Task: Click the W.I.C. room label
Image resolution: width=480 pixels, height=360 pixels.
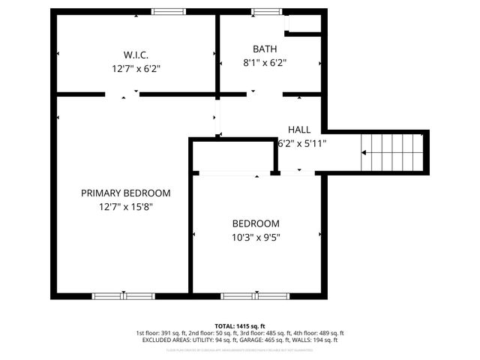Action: pos(136,55)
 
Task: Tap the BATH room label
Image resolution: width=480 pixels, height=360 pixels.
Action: pos(264,49)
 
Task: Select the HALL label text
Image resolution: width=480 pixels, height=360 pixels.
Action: pos(298,130)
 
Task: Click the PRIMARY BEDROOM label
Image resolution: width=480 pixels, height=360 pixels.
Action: pos(125,193)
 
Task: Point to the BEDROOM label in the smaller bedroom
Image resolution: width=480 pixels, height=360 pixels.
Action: pos(255,223)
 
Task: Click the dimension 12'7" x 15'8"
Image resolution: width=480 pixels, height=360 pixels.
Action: pos(125,206)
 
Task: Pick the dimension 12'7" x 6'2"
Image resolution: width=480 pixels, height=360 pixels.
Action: pos(136,68)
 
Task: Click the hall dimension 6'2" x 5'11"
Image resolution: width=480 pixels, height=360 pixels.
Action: pos(302,142)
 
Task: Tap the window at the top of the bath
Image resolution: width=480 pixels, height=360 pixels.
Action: pos(263,12)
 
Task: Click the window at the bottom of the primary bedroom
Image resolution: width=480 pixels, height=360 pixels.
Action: pos(122,295)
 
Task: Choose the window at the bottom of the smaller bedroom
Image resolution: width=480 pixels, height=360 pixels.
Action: pos(253,295)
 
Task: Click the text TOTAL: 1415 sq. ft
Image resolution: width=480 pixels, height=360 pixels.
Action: pos(239,325)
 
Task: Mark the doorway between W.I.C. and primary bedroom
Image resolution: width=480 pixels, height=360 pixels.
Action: pos(122,94)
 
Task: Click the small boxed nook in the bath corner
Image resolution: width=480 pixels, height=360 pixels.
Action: pos(305,23)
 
